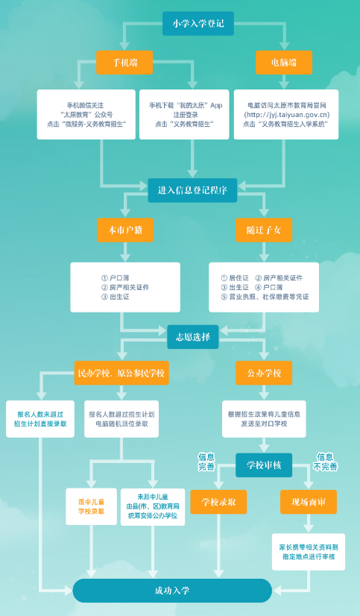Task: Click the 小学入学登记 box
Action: tap(198, 24)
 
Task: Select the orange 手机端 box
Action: tap(124, 63)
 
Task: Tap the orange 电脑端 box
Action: tap(284, 63)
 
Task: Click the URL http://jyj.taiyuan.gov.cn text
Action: tap(287, 115)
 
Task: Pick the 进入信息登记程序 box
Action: tap(192, 190)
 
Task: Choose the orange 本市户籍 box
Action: tap(125, 230)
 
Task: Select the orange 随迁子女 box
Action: tap(264, 230)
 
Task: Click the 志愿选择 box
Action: tap(193, 337)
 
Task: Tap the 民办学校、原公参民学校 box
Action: tap(121, 373)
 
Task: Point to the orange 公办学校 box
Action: tap(264, 373)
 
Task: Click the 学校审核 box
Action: tap(264, 465)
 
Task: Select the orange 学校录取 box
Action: tap(218, 502)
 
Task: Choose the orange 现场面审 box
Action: tap(308, 502)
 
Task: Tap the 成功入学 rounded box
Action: tap(172, 591)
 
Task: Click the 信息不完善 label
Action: tap(325, 462)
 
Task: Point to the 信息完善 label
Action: tap(206, 462)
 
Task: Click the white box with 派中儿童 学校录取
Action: tap(91, 506)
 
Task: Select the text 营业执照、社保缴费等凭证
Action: tap(269, 297)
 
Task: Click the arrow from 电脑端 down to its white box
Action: tap(284, 82)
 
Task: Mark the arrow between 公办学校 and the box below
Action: tap(264, 392)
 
